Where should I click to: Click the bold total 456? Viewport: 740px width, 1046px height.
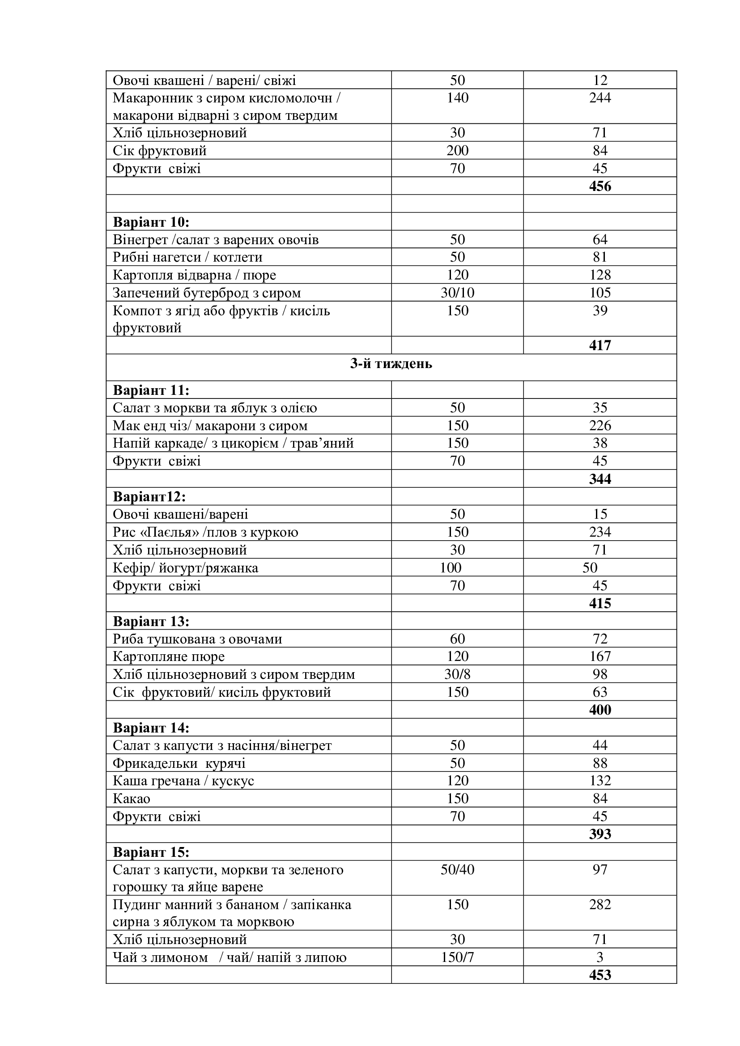pos(600,186)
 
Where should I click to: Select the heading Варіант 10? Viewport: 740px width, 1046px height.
pos(151,222)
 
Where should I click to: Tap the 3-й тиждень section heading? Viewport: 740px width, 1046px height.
pos(391,364)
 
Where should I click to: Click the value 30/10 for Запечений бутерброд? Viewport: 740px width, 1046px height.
pos(457,293)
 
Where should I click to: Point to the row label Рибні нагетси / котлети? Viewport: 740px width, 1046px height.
pos(187,258)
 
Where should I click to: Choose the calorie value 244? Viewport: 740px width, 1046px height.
pos(600,98)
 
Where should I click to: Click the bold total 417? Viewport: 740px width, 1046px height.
pos(600,346)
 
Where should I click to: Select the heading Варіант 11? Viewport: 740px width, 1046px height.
pos(151,390)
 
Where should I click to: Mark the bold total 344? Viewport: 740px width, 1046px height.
pos(600,479)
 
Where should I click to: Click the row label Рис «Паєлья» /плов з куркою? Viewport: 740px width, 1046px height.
pos(205,533)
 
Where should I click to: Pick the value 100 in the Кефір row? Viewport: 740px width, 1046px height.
pos(450,568)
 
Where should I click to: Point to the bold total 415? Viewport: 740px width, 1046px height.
pos(600,604)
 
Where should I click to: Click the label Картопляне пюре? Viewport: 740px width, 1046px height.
pos(169,657)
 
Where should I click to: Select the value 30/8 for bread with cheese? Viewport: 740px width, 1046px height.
pos(457,675)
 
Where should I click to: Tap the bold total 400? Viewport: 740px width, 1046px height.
pos(600,710)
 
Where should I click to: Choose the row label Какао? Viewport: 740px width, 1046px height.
pos(131,799)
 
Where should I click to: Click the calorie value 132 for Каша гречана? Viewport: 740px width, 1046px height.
pos(600,781)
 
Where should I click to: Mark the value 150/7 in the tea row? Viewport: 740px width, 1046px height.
pos(457,957)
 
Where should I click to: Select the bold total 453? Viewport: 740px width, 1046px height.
pos(600,975)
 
